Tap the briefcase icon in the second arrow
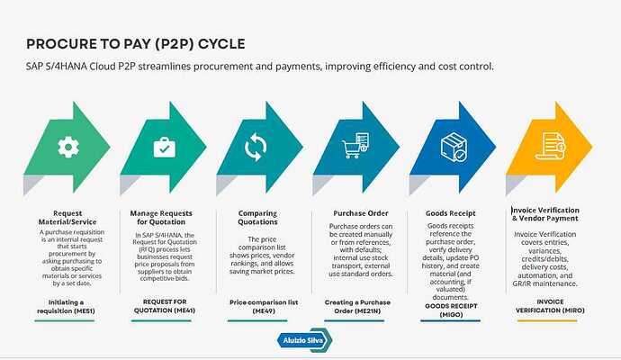pyautogui.click(x=163, y=146)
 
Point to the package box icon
pyautogui.click(x=452, y=146)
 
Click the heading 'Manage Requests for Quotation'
pyautogui.click(x=161, y=218)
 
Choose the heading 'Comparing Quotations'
pyautogui.click(x=256, y=217)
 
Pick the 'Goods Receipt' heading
pyautogui.click(x=452, y=213)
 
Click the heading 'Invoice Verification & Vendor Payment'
pyautogui.click(x=552, y=214)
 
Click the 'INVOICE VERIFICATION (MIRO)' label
pyautogui.click(x=552, y=305)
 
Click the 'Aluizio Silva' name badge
pyautogui.click(x=302, y=338)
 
